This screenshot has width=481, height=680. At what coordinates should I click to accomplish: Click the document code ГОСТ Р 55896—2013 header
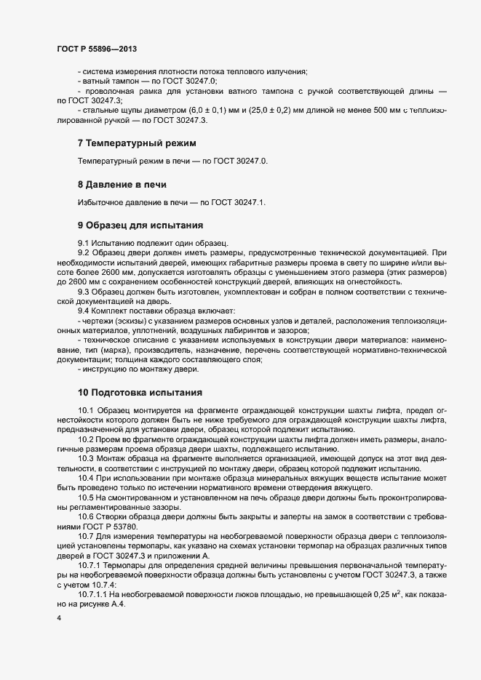(96, 49)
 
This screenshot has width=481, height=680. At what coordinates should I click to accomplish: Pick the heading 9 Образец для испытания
(140, 225)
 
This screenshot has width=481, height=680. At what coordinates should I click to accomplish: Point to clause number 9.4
(84, 311)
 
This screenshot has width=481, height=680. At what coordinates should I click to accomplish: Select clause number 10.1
(87, 411)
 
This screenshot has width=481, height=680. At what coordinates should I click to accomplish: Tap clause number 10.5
(87, 497)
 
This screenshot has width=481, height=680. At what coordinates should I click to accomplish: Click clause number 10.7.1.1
(93, 594)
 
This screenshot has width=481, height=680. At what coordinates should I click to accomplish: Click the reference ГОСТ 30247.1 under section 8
(236, 202)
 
